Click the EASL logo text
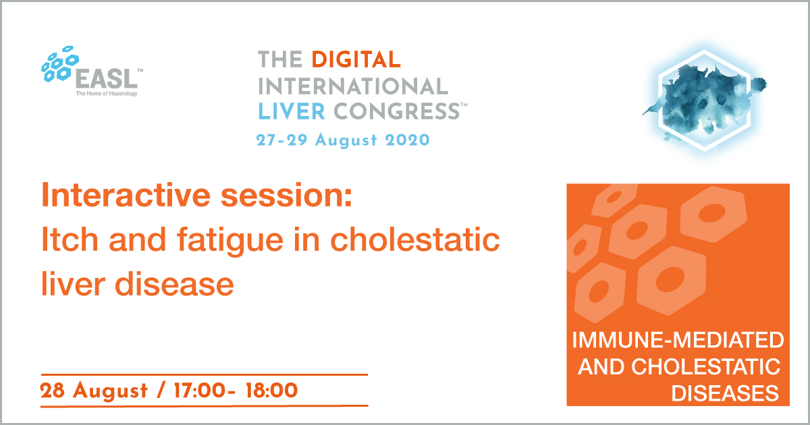[107, 79]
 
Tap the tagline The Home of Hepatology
[107, 94]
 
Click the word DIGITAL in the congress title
[356, 59]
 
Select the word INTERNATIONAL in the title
[353, 86]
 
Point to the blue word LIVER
[292, 111]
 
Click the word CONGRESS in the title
[397, 111]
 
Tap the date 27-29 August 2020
[343, 140]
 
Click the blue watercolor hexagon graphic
[705, 101]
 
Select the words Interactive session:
[197, 195]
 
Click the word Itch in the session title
[70, 239]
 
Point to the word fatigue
[230, 242]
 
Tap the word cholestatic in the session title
[415, 239]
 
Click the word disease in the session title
[174, 284]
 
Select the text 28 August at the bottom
[94, 391]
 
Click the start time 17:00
[199, 391]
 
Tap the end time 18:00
[271, 391]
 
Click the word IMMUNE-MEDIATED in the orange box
[678, 340]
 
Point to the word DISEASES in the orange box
[725, 393]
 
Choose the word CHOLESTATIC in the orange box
[705, 367]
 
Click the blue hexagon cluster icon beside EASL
[60, 64]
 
